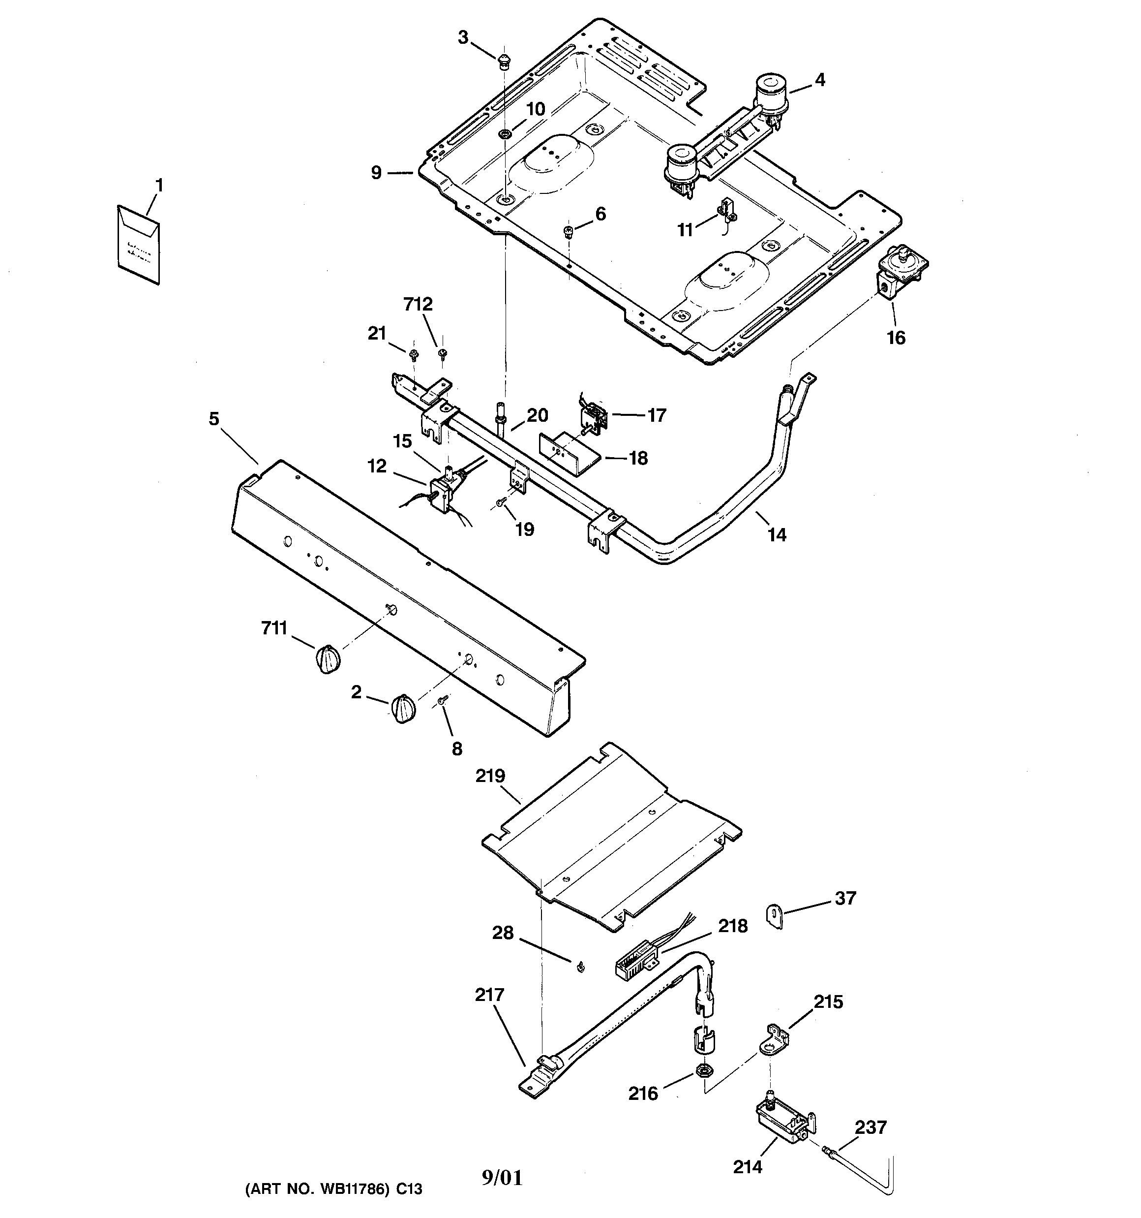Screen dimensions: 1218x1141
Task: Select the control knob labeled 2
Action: [x=403, y=709]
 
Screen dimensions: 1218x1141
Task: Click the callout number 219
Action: [x=490, y=776]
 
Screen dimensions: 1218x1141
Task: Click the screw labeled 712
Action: [x=442, y=353]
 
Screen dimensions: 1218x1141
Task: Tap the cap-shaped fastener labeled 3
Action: [x=504, y=60]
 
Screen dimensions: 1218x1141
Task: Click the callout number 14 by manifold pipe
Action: [x=777, y=535]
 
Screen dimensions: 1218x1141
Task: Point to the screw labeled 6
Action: [x=568, y=232]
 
